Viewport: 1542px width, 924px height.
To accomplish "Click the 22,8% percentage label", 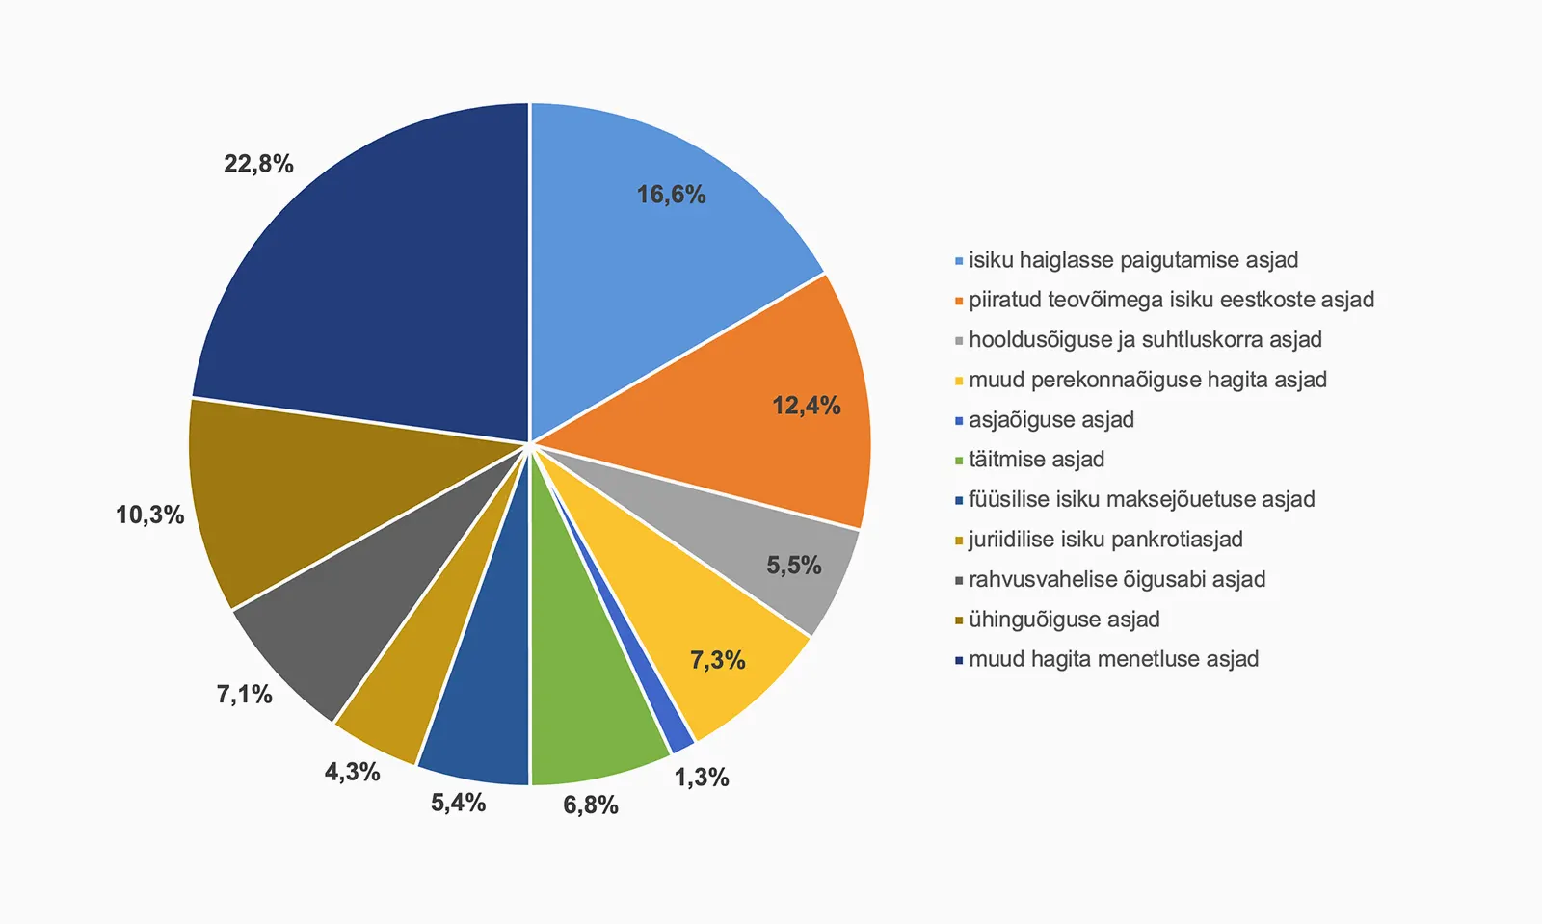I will (x=258, y=164).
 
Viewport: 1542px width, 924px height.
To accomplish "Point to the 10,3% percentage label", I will (x=149, y=515).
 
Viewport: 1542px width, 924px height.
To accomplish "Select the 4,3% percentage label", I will (x=352, y=772).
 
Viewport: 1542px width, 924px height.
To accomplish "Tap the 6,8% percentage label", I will (x=591, y=805).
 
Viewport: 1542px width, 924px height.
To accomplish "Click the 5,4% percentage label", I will (x=458, y=803).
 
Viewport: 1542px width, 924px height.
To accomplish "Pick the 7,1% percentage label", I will (x=244, y=694).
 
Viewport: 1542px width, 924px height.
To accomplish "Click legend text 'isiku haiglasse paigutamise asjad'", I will (x=1133, y=260).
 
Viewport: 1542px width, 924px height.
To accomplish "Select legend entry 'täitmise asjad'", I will (x=1036, y=460).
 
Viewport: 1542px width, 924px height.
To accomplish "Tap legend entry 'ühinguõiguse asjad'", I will (x=1064, y=620).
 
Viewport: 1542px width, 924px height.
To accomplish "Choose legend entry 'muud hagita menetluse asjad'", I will (x=1113, y=659).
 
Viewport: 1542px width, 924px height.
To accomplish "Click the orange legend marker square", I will (x=959, y=301).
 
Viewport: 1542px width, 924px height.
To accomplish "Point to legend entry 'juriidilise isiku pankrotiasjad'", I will (x=1105, y=540).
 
